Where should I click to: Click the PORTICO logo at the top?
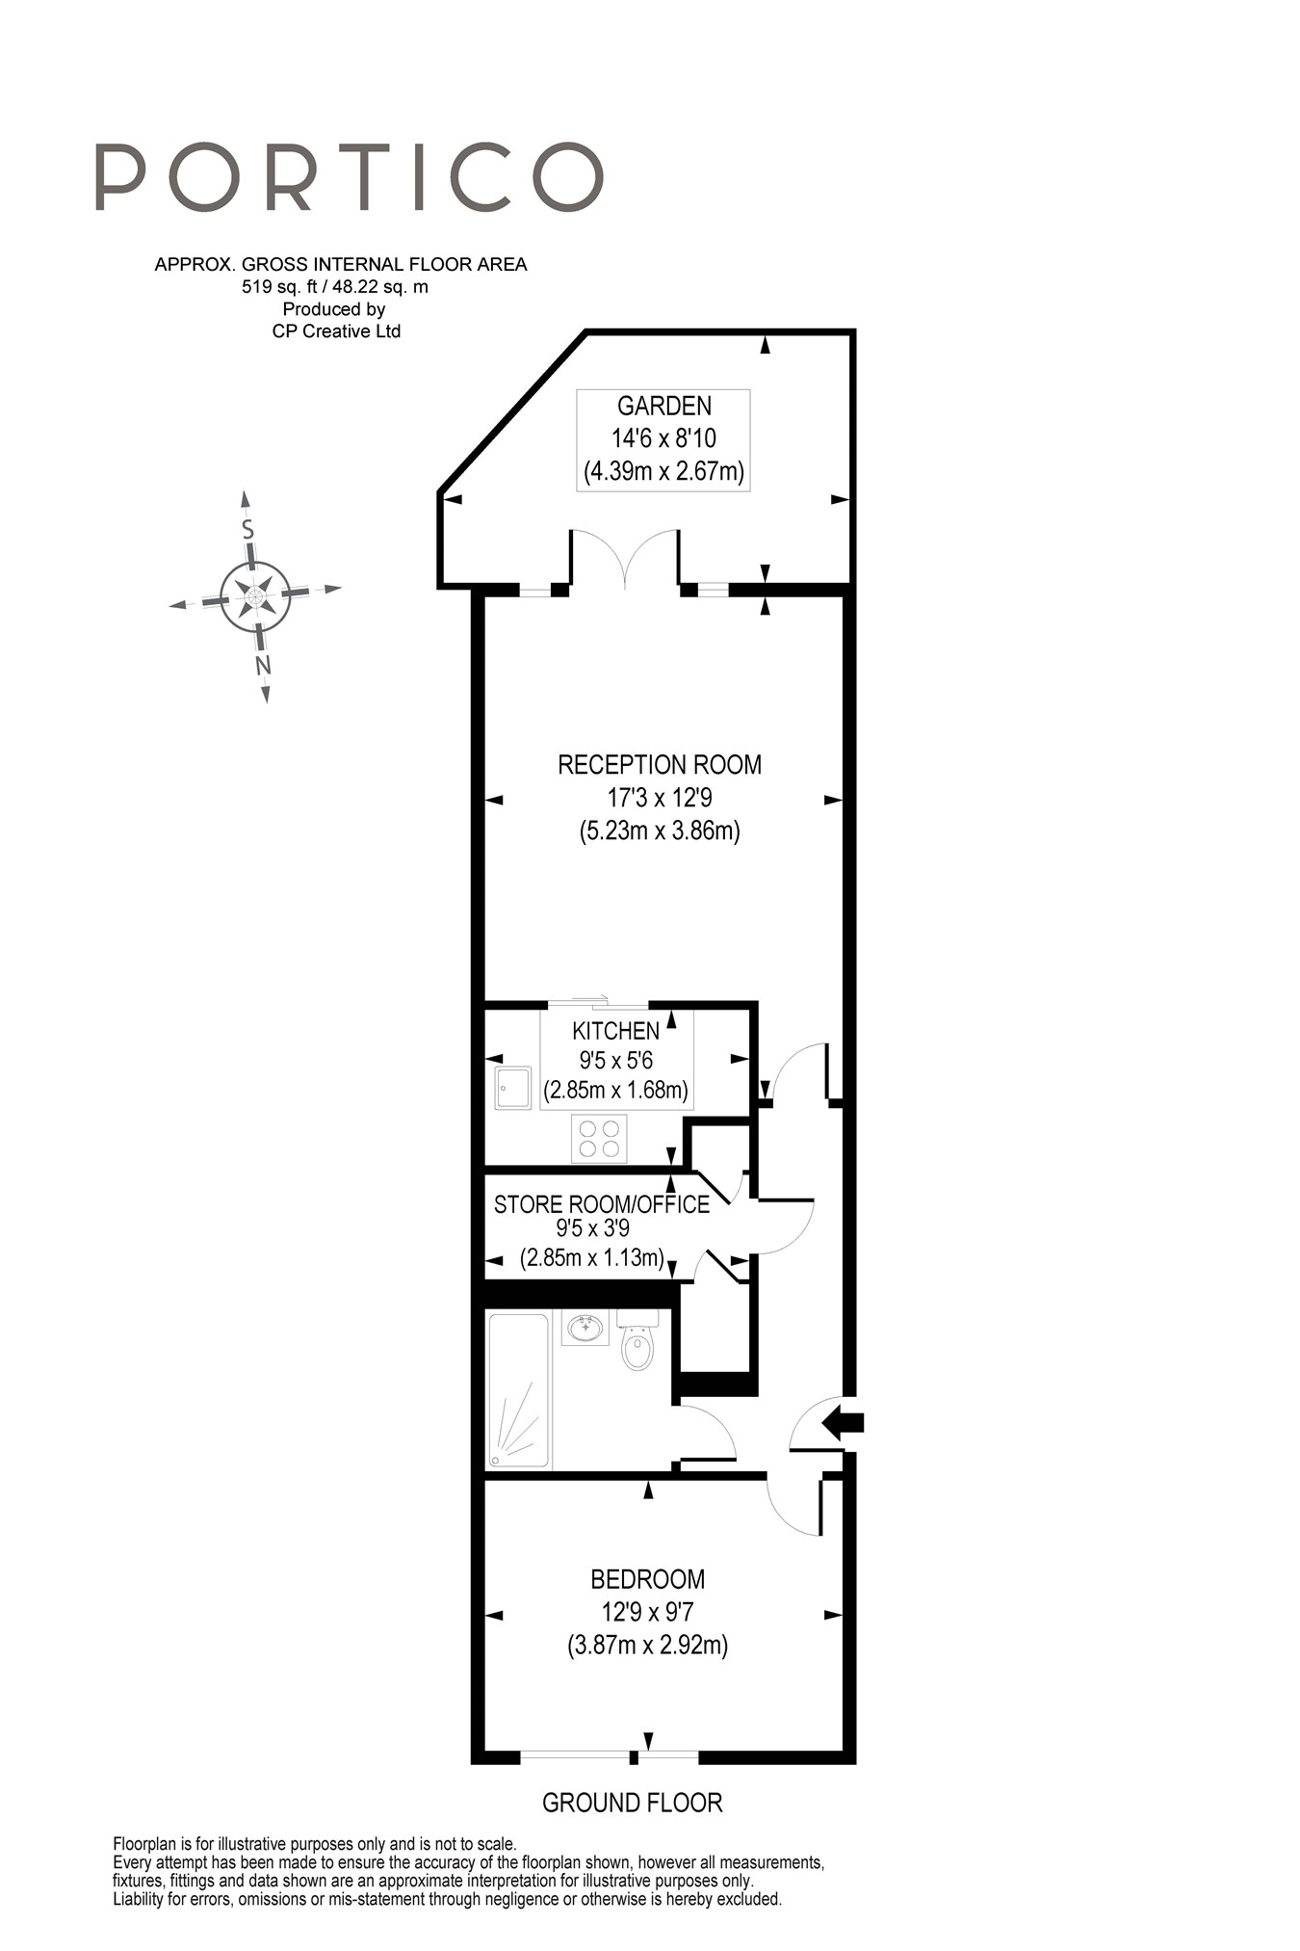(349, 177)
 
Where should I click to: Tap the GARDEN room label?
(663, 406)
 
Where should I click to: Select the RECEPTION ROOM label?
(660, 765)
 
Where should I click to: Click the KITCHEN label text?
(615, 1031)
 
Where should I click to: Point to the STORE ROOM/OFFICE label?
(601, 1204)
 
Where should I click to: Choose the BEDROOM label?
(647, 1579)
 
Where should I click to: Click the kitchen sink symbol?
(513, 1087)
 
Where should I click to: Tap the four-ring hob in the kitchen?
(599, 1138)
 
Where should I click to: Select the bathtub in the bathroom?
(518, 1390)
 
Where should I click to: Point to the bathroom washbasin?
(585, 1329)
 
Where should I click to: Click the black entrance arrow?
(843, 1421)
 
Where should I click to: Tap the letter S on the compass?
(247, 529)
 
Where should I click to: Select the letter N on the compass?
(262, 665)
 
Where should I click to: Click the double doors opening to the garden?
(625, 559)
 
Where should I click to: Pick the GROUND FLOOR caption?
(632, 1803)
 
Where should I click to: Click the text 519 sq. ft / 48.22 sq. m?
(335, 287)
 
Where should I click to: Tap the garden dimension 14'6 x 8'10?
(663, 438)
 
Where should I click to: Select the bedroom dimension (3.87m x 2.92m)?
(647, 1645)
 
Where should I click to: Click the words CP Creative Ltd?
(336, 331)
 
